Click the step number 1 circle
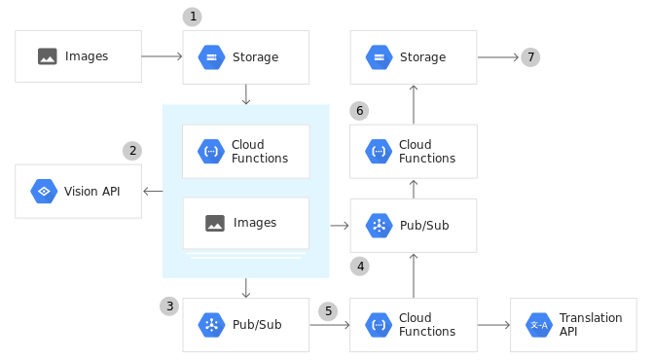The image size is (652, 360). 193,17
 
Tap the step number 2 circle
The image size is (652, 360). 132,151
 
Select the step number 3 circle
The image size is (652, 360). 169,306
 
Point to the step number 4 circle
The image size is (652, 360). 360,266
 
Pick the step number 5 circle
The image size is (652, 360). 329,311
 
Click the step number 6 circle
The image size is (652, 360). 359,111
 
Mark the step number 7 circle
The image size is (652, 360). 530,56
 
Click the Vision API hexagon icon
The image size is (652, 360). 44,191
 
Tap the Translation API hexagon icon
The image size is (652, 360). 539,325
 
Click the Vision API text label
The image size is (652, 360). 92,191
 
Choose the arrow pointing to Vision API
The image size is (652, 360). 153,191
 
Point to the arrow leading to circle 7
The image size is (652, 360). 498,56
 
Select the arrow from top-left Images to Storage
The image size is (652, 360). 162,56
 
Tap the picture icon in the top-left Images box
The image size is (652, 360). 47,56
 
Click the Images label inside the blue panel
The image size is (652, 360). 255,223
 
